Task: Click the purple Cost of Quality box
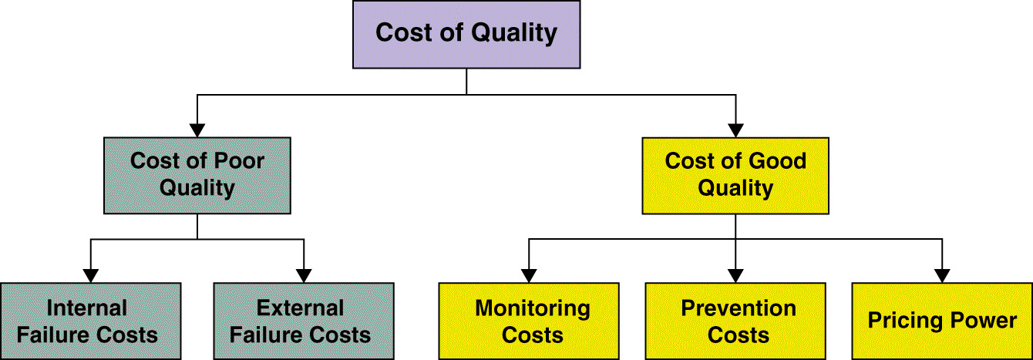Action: point(466,35)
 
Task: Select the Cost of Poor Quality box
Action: point(197,176)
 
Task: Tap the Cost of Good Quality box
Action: point(735,176)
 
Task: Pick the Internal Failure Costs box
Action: point(90,321)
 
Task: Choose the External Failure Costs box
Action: point(304,321)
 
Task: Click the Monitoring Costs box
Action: point(529,321)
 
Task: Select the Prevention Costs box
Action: point(735,321)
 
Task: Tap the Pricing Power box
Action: point(942,321)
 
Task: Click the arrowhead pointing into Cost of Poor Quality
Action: point(197,130)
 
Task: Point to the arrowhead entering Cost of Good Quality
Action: point(735,130)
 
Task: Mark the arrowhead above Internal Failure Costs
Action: point(90,276)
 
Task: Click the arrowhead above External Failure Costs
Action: point(304,276)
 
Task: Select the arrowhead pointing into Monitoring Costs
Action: point(529,276)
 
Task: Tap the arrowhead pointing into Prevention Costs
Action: point(735,276)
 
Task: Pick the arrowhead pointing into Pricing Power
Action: point(942,276)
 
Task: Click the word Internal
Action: point(86,308)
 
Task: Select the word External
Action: point(300,308)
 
